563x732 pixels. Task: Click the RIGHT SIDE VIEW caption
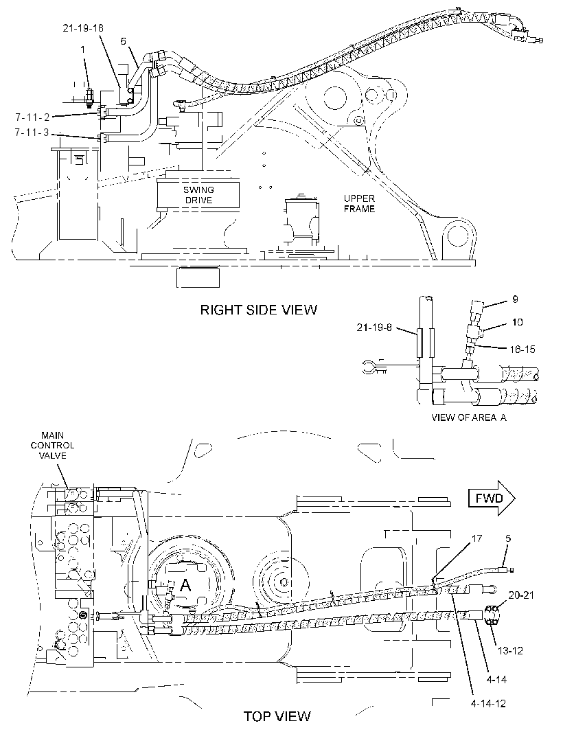pos(259,310)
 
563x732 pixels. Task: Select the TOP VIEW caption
pos(277,716)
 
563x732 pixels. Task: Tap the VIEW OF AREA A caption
pos(469,418)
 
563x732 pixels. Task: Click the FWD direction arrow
pos(492,498)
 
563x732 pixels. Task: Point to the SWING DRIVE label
pos(198,195)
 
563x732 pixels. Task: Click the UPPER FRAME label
pos(360,203)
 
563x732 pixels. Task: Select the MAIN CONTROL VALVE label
pos(52,446)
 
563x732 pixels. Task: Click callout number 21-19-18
pos(83,28)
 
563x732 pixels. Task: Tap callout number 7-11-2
pos(32,117)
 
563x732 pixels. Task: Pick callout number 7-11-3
pos(32,133)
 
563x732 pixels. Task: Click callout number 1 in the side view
pos(82,49)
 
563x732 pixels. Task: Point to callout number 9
pos(515,299)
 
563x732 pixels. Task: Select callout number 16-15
pos(522,350)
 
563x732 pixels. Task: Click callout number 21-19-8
pos(374,328)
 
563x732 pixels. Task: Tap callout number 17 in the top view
pos(476,539)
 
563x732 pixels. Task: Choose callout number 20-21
pos(521,595)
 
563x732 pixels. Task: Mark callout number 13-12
pos(509,650)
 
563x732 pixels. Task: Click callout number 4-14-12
pos(488,704)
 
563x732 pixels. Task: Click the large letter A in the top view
pos(185,585)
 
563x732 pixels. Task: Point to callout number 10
pos(517,322)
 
